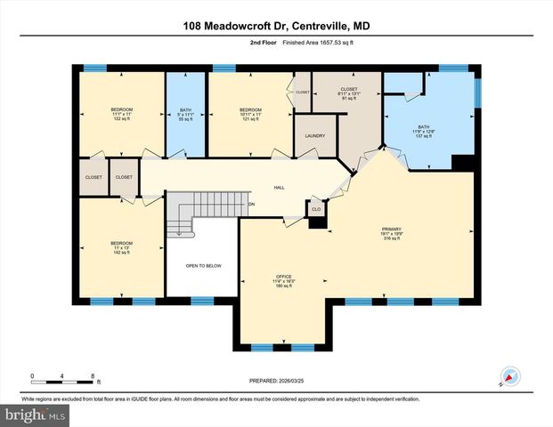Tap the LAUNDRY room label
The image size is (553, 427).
[314, 136]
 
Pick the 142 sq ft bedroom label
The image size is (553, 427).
[121, 247]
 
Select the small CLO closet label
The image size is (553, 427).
[315, 209]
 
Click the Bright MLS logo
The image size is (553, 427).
[36, 415]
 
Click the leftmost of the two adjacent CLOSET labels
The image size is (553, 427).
[94, 177]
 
